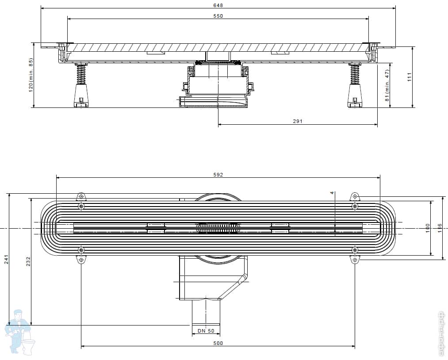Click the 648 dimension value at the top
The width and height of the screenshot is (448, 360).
218,5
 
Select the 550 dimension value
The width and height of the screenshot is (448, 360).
218,16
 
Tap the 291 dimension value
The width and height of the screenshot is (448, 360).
298,122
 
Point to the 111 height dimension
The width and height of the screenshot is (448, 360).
410,77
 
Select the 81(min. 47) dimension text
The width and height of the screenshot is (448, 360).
387,85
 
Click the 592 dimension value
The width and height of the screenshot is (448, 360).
218,175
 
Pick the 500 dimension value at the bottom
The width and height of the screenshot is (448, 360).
218,343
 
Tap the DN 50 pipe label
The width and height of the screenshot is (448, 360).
206,331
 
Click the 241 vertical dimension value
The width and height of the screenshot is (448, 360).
6,260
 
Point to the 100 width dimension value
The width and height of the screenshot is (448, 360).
428,227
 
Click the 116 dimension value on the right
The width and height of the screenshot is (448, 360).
440,227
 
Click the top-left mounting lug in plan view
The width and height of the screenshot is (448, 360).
81,197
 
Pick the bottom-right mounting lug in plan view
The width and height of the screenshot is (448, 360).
355,260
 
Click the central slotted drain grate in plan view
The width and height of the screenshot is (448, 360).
218,228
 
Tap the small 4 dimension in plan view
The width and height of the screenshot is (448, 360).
331,193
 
